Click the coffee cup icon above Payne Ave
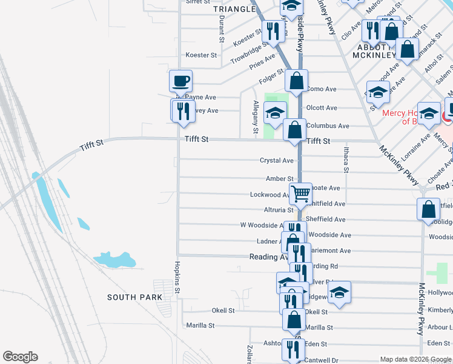click(x=181, y=81)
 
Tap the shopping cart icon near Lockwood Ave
click(x=300, y=194)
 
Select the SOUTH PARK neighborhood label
click(x=134, y=297)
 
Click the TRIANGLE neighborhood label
click(x=234, y=9)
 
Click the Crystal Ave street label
click(x=276, y=161)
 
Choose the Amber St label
click(x=279, y=179)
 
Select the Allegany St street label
click(x=256, y=117)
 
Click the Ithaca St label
click(x=346, y=162)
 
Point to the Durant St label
click(x=222, y=28)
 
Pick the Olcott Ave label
click(x=322, y=108)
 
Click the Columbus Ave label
click(x=328, y=126)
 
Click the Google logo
click(x=20, y=357)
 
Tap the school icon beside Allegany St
click(x=275, y=113)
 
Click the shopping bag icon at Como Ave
click(x=296, y=81)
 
